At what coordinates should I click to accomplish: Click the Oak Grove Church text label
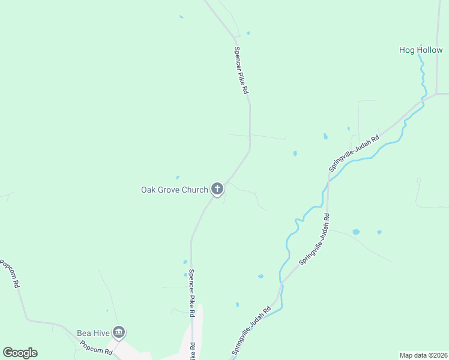tap(174, 190)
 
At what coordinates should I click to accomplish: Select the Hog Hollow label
tap(421, 50)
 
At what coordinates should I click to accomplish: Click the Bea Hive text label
tap(92, 333)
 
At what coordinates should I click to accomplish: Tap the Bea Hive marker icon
tap(119, 332)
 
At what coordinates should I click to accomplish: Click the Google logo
tap(20, 353)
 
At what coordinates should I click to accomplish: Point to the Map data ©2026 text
tap(423, 355)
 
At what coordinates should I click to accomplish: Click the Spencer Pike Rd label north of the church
tap(241, 71)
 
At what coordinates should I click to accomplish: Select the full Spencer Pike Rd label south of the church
tap(191, 293)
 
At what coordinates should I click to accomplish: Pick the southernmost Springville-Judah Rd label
tap(252, 331)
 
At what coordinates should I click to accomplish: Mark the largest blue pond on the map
tap(356, 232)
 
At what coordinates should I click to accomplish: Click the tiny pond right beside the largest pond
tap(379, 232)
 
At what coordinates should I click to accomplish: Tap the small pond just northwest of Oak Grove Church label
tap(177, 177)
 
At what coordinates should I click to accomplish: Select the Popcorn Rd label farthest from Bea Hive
tap(10, 273)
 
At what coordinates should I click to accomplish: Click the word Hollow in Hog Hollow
tap(429, 50)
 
